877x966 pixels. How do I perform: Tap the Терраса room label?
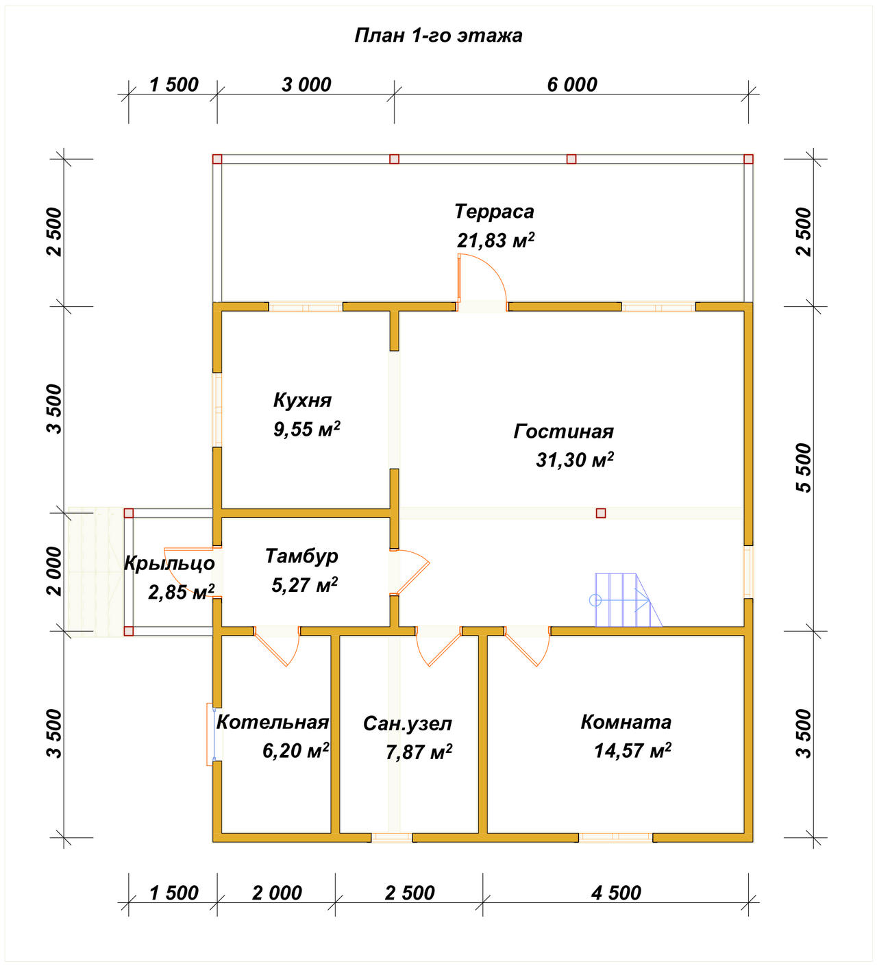495,212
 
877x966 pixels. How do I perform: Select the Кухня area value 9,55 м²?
307,429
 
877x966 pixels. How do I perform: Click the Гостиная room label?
563,432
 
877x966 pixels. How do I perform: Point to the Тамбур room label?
301,557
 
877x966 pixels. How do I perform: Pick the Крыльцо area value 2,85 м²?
181,592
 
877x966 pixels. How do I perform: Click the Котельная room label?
273,722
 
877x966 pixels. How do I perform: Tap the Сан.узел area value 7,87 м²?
419,752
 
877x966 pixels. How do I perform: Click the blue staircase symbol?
626,600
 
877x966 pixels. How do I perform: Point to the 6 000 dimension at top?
572,85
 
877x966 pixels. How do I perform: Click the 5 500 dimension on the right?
803,468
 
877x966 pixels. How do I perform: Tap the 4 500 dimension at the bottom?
616,893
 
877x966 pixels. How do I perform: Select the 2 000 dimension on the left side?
55,571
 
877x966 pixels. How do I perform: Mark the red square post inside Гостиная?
601,513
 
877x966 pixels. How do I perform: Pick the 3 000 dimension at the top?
306,85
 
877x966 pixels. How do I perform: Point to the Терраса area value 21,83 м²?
495,240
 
